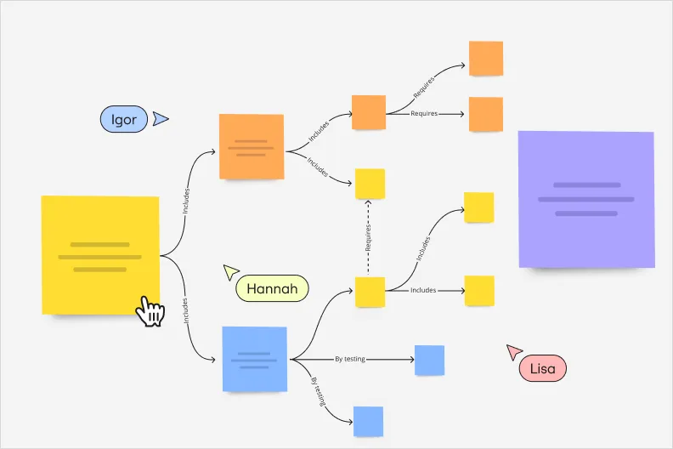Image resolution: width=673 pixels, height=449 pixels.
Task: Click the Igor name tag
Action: (124, 119)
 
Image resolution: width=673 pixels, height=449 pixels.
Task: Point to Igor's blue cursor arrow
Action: (161, 119)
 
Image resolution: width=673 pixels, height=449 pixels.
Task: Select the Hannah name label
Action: (272, 289)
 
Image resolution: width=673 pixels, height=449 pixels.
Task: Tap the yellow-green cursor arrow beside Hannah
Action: (230, 272)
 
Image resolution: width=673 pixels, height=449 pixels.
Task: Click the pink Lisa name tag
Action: (542, 368)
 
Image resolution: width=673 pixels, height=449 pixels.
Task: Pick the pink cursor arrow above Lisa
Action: (514, 351)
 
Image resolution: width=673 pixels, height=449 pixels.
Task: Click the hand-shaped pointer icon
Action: (150, 311)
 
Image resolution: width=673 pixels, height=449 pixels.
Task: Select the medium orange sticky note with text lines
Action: (252, 146)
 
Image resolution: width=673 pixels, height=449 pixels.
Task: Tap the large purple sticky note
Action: (586, 200)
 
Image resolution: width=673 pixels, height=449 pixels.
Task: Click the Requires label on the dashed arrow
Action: (369, 237)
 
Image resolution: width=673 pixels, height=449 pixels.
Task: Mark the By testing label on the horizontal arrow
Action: (350, 359)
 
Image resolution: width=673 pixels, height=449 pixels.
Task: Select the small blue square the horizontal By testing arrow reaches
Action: (429, 360)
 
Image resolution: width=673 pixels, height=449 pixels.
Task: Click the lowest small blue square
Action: (368, 421)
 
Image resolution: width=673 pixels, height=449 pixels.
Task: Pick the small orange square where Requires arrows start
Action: (369, 112)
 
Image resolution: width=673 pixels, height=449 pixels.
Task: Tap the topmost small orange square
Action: (486, 59)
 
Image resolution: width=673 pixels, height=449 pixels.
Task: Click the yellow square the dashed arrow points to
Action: (370, 184)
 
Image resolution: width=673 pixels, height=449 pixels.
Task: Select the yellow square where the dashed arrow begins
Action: (370, 292)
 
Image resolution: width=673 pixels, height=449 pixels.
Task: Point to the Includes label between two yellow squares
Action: (423, 291)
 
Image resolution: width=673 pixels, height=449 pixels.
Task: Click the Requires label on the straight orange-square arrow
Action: (423, 113)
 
